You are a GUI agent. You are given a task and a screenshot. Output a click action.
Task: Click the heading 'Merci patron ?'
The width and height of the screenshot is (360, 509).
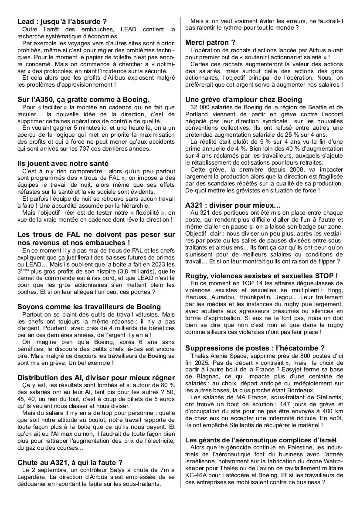[211, 42]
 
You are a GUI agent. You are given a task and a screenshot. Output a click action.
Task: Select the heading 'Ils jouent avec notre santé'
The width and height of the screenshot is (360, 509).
[63, 163]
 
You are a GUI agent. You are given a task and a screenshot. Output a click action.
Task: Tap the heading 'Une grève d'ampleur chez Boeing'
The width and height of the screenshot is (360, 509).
[244, 99]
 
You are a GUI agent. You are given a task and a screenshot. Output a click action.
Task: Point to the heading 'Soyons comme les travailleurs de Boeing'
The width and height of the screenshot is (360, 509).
[89, 307]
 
